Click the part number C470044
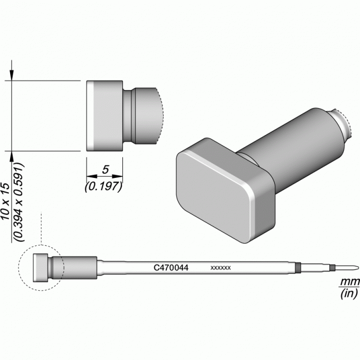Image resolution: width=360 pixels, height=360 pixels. click(171, 267)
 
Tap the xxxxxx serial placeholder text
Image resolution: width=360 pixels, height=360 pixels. click(221, 268)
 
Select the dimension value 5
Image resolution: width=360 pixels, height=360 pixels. click(105, 169)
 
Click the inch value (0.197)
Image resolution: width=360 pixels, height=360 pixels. click(103, 186)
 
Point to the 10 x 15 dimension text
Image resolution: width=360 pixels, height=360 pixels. click(5, 201)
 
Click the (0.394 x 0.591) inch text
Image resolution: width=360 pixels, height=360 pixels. click(19, 202)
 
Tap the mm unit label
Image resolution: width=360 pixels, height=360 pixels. click(349, 281)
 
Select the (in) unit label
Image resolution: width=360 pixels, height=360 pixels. click(349, 293)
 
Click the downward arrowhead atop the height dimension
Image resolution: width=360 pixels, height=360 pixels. click(12, 75)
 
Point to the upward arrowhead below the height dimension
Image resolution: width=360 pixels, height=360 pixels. click(12, 157)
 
